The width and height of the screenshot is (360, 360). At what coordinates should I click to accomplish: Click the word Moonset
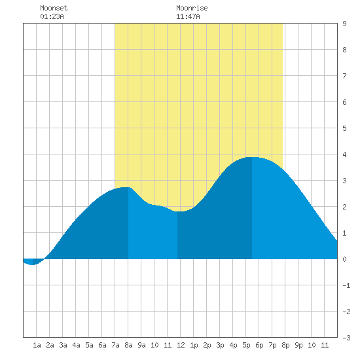tap(54, 8)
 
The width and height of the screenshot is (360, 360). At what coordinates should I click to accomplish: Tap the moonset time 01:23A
tap(52, 16)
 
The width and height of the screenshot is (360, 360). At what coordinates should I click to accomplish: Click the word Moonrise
tap(192, 8)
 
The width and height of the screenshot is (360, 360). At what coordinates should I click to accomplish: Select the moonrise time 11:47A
tap(188, 16)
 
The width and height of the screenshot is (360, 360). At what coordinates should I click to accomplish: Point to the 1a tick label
tap(37, 345)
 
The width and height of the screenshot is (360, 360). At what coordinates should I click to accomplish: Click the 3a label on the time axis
tap(63, 345)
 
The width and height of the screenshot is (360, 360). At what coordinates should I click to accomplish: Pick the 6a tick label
tap(102, 345)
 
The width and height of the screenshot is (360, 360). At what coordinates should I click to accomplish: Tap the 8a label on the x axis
tap(128, 345)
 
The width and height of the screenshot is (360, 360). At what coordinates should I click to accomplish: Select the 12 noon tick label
tap(181, 345)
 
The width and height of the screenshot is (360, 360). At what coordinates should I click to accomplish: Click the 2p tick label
tap(207, 345)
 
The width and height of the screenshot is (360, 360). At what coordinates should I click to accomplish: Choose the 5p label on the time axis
tap(246, 345)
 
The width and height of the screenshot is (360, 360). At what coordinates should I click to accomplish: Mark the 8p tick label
tap(285, 345)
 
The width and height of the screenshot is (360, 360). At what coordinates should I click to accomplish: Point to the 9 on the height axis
tap(344, 24)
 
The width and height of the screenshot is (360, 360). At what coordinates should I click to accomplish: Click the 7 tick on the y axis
tap(344, 76)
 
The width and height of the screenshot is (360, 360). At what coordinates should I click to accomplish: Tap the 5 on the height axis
tap(344, 128)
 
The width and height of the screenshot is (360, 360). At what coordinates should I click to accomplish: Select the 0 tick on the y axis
tap(344, 259)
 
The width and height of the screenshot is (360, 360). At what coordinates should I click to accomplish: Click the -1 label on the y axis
tap(346, 285)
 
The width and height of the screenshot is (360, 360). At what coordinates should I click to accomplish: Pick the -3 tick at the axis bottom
tap(346, 338)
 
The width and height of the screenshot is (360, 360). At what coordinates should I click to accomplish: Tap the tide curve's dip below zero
tap(32, 264)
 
